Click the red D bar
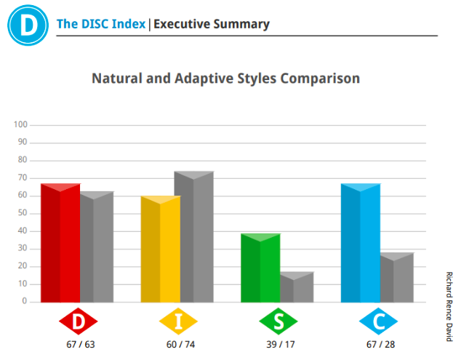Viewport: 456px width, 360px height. tap(60, 243)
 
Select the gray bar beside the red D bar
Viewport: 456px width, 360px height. tap(97, 247)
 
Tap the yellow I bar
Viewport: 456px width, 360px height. tap(161, 249)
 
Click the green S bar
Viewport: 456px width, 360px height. tap(260, 268)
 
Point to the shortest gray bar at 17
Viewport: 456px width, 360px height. tap(297, 287)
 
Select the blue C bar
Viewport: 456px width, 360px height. tap(361, 243)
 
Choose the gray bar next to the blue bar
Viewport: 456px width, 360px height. tap(397, 277)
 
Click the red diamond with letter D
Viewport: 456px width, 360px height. tap(79, 321)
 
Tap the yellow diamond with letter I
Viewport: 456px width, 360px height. tap(178, 321)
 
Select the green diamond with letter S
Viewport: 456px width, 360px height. tap(279, 321)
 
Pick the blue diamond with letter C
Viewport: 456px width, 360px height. tap(378, 321)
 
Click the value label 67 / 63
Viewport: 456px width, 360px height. tap(81, 344)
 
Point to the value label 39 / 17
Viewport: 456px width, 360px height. tap(281, 344)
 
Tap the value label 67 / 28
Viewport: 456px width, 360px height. tap(380, 344)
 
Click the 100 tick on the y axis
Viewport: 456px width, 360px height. tap(20, 124)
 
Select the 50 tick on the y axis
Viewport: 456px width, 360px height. tap(23, 213)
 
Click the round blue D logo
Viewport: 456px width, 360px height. tap(28, 25)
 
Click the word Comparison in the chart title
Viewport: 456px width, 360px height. tap(320, 79)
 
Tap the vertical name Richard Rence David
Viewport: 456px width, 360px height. tap(449, 306)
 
